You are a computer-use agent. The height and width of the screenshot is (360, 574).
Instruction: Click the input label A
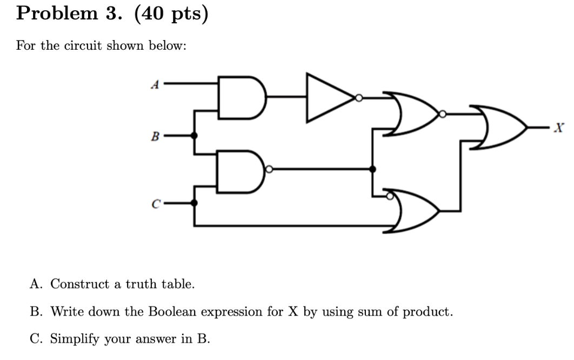coord(156,84)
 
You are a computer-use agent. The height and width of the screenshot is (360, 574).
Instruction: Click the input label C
coord(156,204)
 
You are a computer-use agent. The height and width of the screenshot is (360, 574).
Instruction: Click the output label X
coord(560,129)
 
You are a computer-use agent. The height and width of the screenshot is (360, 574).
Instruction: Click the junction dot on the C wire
coord(195,203)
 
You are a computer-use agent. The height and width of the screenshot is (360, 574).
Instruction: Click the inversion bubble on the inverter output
coord(359,98)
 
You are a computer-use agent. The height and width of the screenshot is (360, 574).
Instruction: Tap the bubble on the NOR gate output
coord(443,114)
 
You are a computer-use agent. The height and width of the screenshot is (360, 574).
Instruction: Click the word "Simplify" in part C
coord(75,339)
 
